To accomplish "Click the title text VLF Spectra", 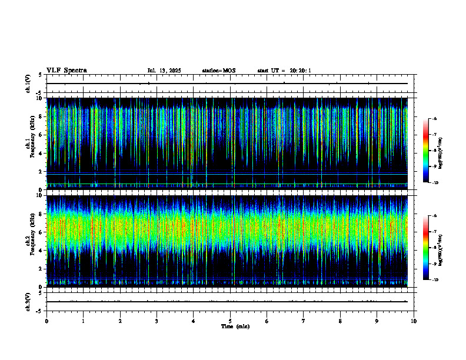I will pos(66,71).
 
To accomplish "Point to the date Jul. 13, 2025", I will pos(164,71).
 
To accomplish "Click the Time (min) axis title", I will pos(235,326).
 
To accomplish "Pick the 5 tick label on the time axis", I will pos(230,321).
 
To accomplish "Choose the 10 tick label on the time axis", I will pos(414,321).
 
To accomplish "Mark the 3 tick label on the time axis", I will pos(157,321).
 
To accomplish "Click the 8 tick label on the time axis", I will pos(340,321).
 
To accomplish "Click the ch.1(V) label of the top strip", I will pos(28,84).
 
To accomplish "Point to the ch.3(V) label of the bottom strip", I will pos(28,301).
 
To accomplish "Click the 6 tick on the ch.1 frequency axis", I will pos(40,135).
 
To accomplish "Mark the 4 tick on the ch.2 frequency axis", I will pos(40,250).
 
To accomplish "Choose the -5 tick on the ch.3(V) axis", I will pos(39,311).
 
